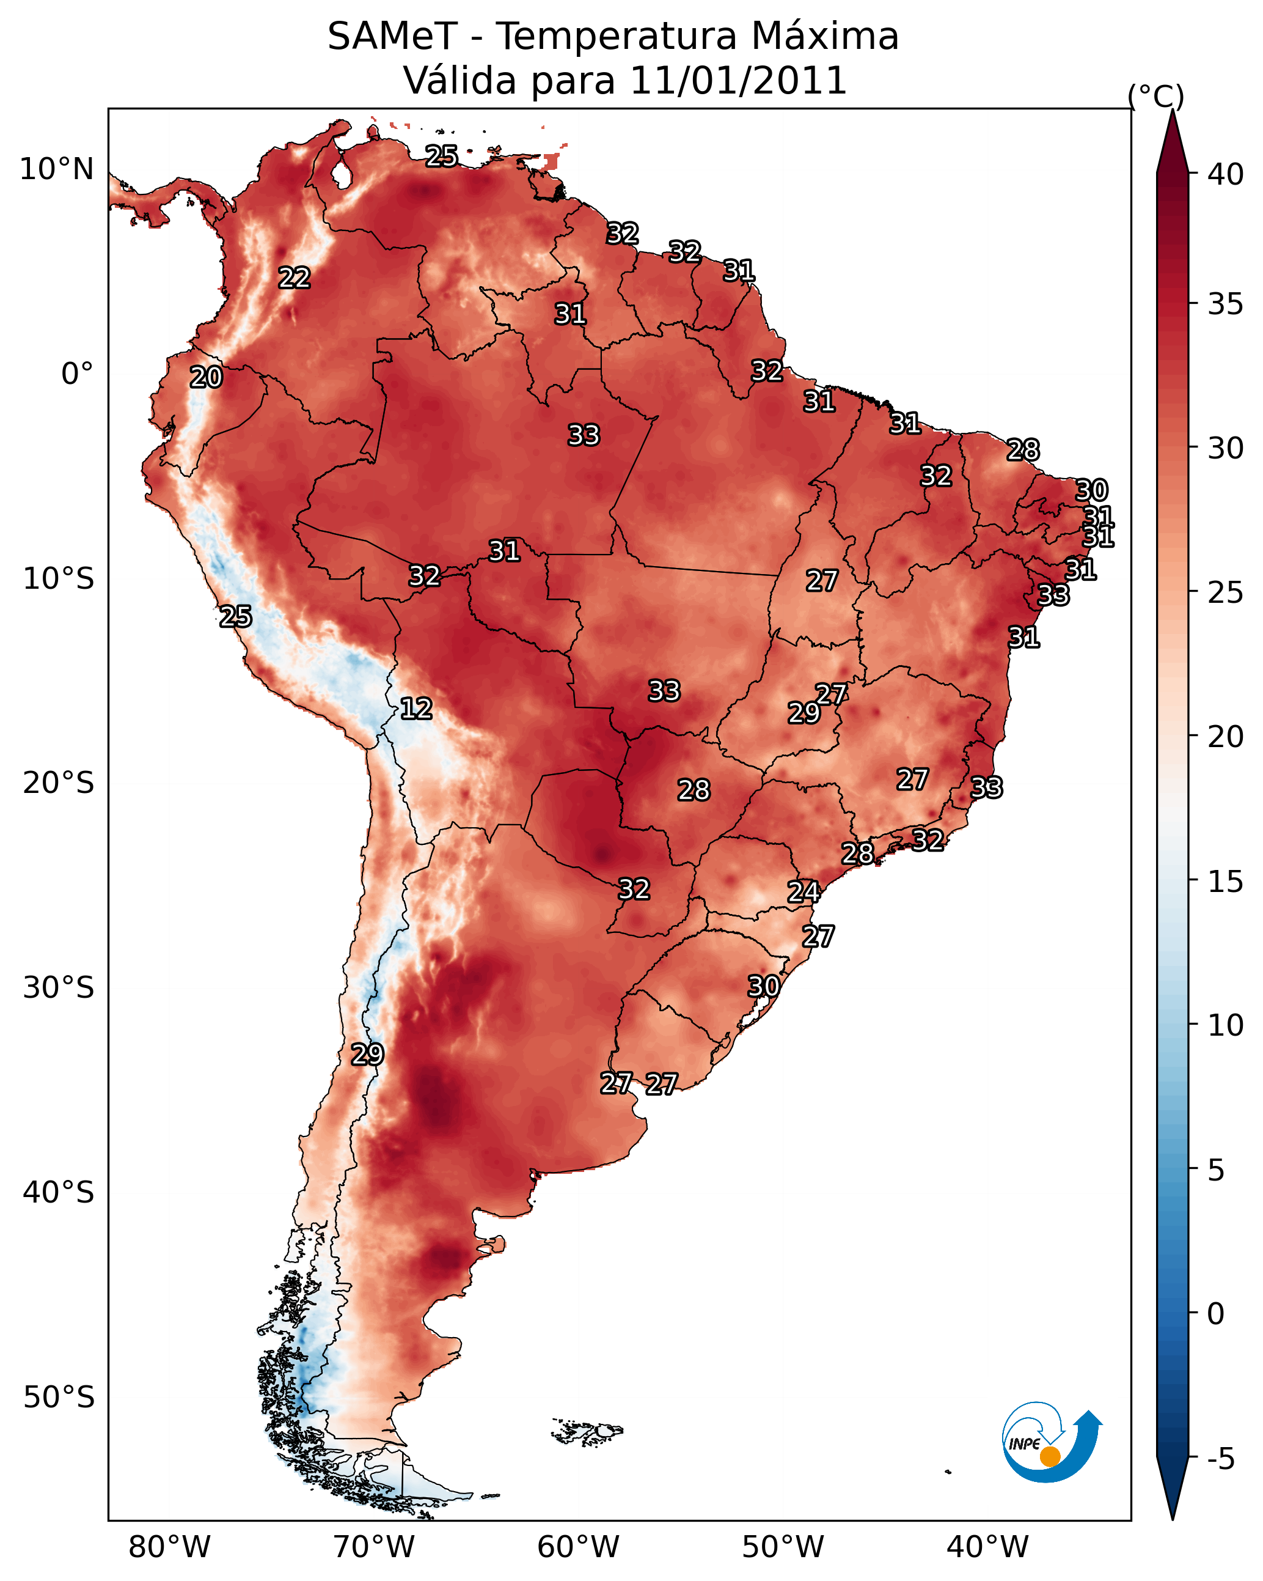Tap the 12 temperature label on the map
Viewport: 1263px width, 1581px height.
416,709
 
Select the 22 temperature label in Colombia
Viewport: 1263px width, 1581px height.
294,278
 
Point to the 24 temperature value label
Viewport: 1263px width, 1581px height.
803,892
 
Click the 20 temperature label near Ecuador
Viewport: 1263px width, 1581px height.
206,378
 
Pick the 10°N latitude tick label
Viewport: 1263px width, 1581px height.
56,169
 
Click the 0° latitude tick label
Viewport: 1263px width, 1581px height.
77,374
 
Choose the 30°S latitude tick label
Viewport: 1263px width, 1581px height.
59,988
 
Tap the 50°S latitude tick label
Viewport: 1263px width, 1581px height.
59,1398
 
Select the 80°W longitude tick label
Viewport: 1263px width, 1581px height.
169,1547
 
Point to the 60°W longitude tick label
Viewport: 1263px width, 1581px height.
579,1547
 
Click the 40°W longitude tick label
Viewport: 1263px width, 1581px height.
987,1547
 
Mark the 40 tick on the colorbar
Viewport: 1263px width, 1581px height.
1225,174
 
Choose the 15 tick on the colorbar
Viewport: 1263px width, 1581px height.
1225,882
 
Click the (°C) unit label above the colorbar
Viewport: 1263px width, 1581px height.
1155,96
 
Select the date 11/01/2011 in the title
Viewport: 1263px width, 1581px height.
738,80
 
